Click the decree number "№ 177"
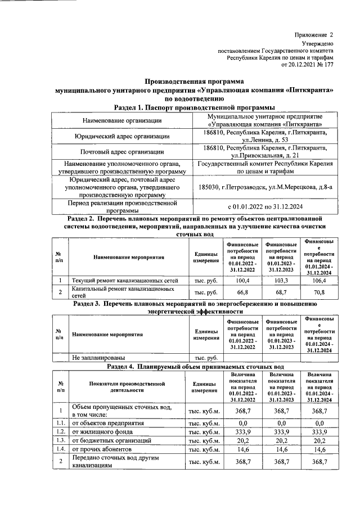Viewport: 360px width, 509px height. pos(324,65)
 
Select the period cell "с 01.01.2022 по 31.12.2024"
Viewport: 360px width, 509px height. pos(264,206)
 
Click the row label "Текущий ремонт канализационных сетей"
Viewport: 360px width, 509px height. pos(125,280)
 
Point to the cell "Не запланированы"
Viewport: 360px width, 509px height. pos(99,357)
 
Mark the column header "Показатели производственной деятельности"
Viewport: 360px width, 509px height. pos(127,386)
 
